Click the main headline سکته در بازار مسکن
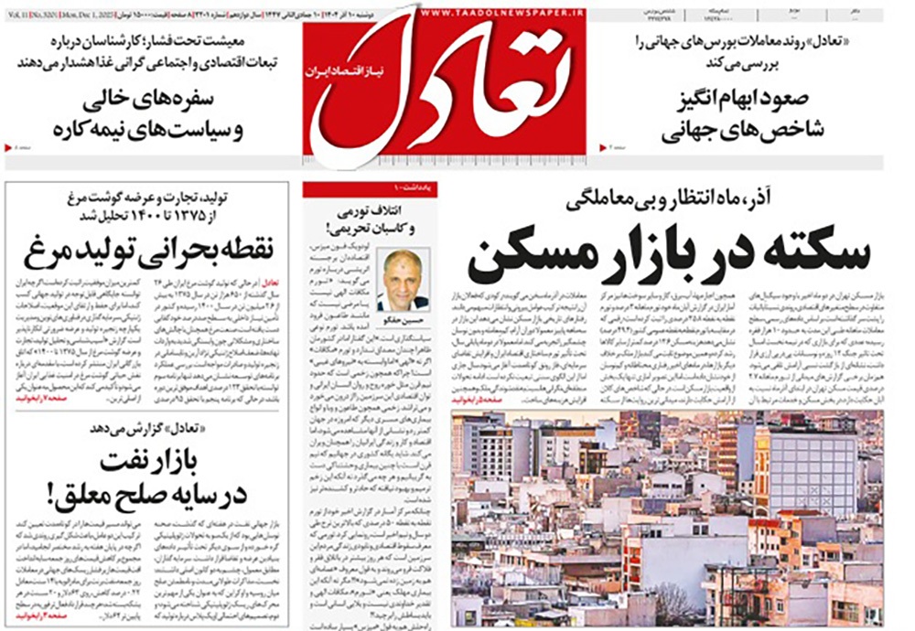tap(669, 256)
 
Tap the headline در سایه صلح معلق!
tap(150, 497)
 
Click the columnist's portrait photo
tap(404, 279)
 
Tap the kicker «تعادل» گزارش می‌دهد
tap(151, 427)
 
